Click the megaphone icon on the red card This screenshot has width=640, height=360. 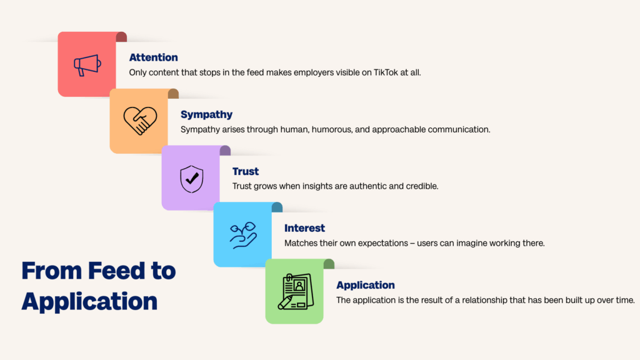[x=86, y=64]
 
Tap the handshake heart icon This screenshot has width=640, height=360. [x=139, y=121]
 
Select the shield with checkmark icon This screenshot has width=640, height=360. [x=191, y=178]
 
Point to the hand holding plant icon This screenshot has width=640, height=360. [x=242, y=235]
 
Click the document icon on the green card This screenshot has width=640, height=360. [x=295, y=292]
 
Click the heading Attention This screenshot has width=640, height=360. [x=153, y=57]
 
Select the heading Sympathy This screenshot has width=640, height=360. [x=206, y=114]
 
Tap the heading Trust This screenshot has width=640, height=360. [x=246, y=171]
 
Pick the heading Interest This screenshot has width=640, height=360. [x=304, y=228]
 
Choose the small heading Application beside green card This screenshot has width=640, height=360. [x=365, y=285]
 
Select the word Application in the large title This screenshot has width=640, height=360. [x=89, y=301]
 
